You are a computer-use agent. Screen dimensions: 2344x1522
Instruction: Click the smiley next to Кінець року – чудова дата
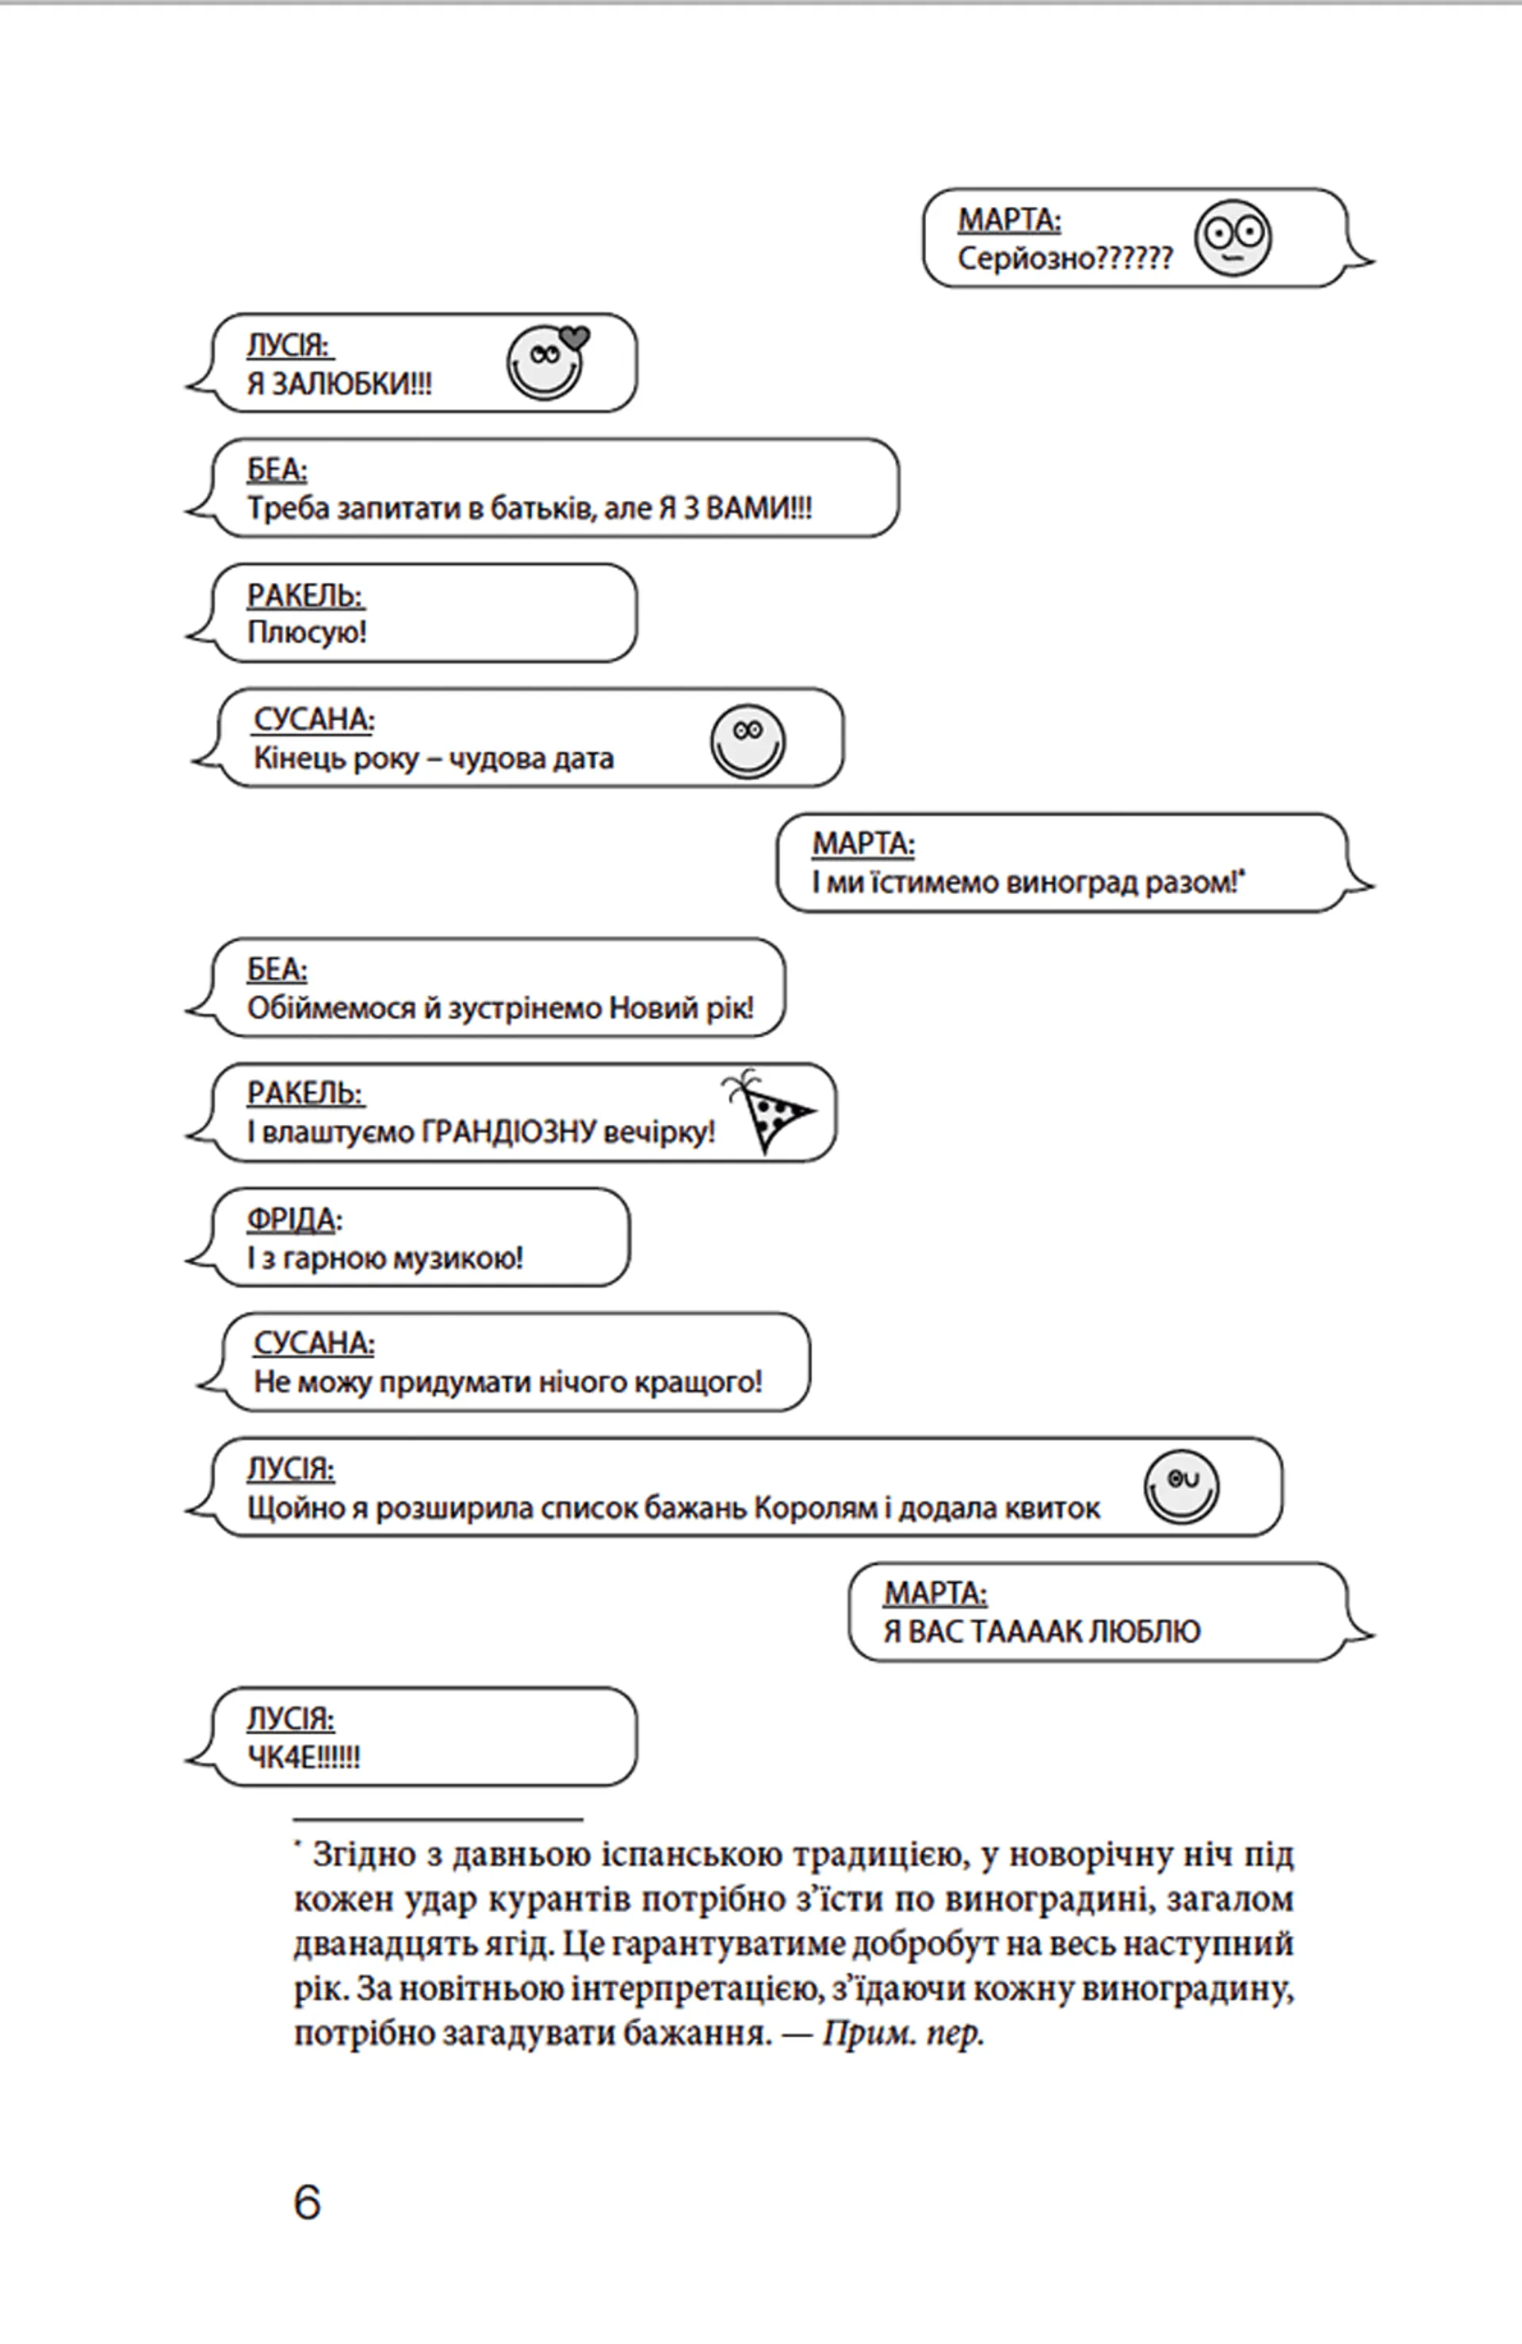748,740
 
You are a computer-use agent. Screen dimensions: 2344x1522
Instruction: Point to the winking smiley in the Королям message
1181,1486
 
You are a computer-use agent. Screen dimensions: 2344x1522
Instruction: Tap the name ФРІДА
291,1219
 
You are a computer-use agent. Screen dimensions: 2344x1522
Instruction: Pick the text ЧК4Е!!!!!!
304,1757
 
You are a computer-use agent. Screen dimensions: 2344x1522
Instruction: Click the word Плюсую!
306,633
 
